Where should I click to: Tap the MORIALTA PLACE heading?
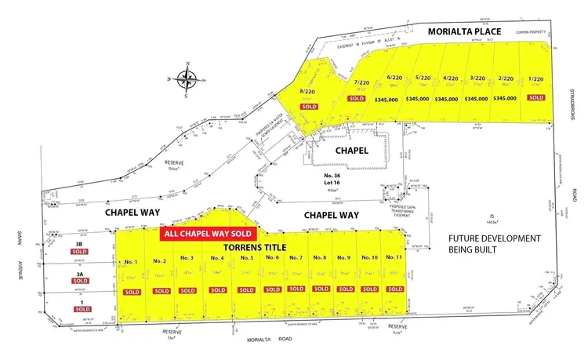(x=464, y=31)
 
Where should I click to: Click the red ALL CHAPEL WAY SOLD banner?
(x=207, y=234)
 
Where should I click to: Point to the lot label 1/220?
(x=535, y=79)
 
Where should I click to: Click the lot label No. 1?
(x=131, y=260)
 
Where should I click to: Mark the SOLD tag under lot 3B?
(x=81, y=252)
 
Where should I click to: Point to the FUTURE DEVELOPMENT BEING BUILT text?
(x=494, y=244)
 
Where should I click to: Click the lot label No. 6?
(x=273, y=258)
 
